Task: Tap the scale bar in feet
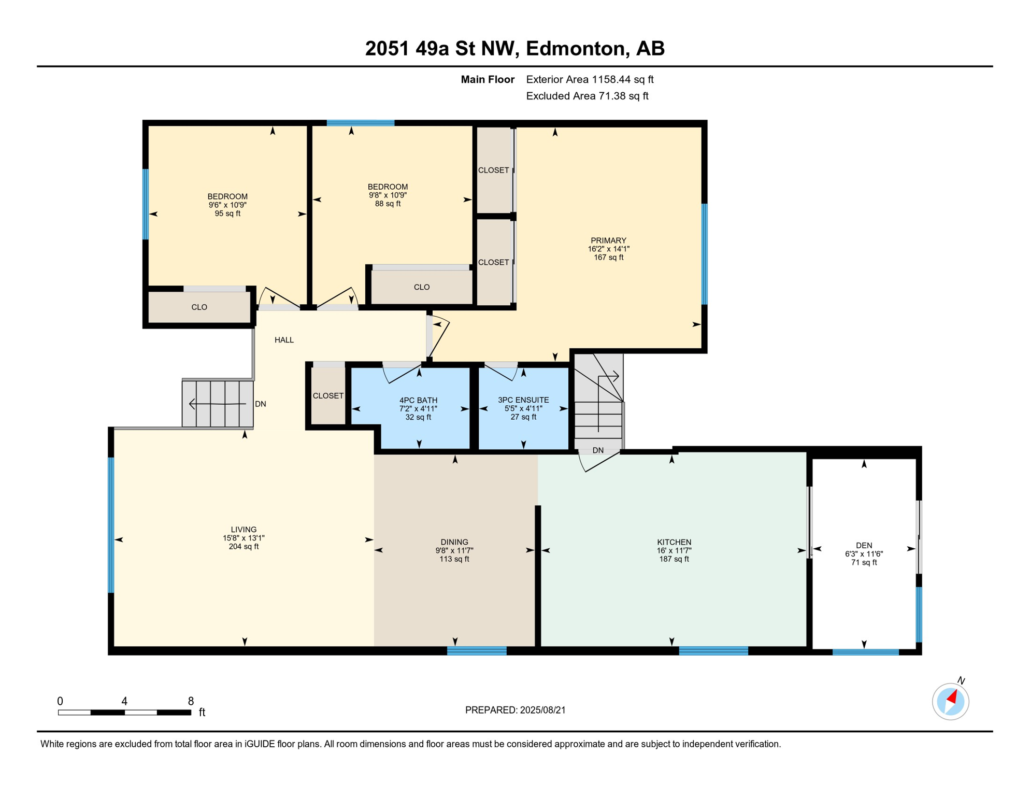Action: [124, 713]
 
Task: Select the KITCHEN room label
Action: [674, 542]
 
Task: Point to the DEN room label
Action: [864, 545]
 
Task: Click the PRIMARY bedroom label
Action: [608, 240]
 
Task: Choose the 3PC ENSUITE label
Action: [523, 400]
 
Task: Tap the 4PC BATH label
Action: [418, 400]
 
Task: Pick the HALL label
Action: [284, 340]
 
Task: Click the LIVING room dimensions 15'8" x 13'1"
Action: [244, 538]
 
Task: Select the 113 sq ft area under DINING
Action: [454, 559]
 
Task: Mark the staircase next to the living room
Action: [218, 404]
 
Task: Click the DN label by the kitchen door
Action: [598, 450]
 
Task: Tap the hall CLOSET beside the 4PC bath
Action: [328, 395]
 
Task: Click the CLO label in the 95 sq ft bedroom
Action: [199, 307]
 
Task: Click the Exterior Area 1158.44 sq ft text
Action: [590, 79]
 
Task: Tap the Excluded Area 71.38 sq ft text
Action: [587, 96]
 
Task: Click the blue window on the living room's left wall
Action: [111, 525]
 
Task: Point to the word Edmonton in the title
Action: [575, 49]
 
